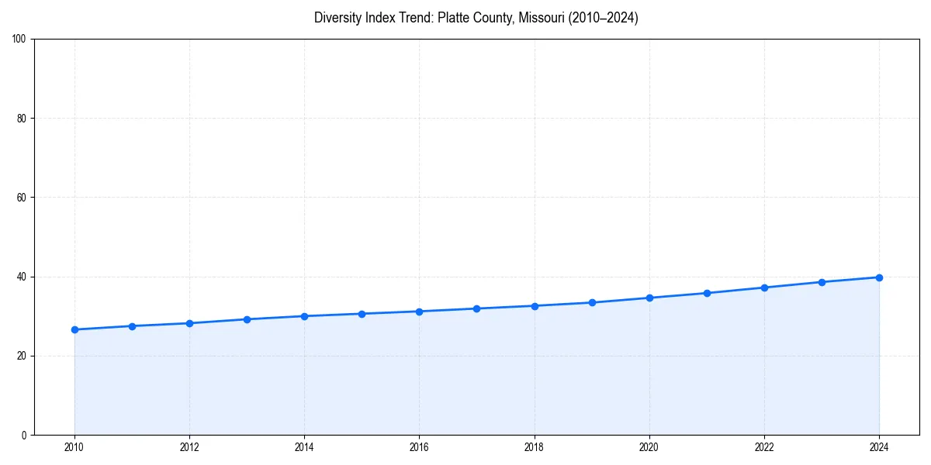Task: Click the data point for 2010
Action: click(74, 329)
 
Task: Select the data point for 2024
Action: click(879, 277)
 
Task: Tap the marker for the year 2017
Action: click(477, 308)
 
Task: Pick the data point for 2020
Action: click(649, 298)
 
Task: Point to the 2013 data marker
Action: click(247, 319)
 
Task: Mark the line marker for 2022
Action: click(764, 288)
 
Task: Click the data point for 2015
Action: click(362, 314)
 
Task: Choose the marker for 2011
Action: click(132, 326)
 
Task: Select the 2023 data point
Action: click(822, 282)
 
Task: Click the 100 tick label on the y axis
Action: click(19, 40)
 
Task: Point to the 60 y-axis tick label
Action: click(22, 198)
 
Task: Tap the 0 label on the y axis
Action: click(24, 435)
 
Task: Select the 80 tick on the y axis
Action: click(22, 119)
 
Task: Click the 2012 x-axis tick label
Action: click(189, 447)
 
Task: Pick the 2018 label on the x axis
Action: click(535, 447)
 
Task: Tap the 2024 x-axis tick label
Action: click(879, 447)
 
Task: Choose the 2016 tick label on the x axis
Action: click(419, 447)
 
